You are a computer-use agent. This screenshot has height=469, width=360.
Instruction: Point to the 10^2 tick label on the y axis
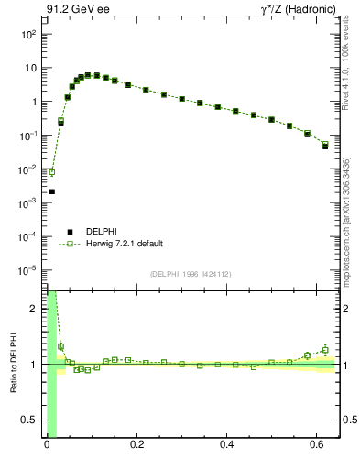[x=29, y=34]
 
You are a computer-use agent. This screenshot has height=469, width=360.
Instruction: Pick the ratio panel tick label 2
[x=35, y=309]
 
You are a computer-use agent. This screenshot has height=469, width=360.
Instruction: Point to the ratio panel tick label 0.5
[x=30, y=420]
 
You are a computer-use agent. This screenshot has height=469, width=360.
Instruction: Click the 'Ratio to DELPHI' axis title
[x=12, y=365]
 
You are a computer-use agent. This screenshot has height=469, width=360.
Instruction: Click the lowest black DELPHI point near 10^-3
[x=52, y=191]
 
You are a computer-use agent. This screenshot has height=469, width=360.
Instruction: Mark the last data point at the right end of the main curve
[x=325, y=146]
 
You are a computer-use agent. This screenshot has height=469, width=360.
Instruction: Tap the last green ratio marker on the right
[x=325, y=349]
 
